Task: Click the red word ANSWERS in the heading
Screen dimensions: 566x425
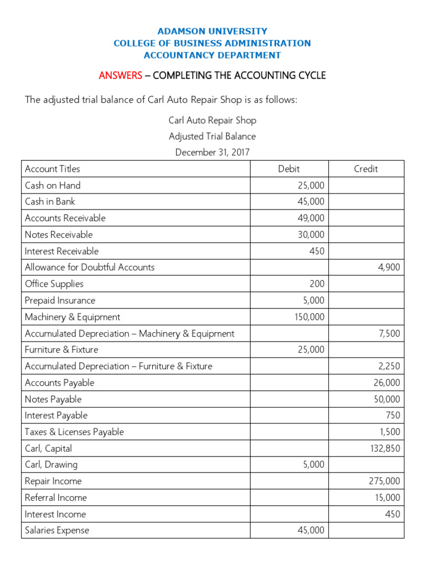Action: point(120,76)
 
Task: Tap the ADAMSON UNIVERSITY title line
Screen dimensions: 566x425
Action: point(212,32)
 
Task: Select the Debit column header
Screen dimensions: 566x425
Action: point(289,169)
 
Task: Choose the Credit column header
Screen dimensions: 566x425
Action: point(366,169)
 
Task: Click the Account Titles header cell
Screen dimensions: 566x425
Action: point(53,169)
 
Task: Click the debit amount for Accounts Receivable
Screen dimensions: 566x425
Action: point(310,218)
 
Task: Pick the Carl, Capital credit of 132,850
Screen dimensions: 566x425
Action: point(385,449)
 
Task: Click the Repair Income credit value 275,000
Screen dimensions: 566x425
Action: point(385,481)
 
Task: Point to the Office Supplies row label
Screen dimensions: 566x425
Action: point(54,284)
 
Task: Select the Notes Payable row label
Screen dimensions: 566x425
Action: point(53,400)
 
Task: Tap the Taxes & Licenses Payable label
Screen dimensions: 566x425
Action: point(74,432)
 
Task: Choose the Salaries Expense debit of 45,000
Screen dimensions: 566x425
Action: point(310,531)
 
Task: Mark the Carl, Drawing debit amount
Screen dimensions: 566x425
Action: point(313,465)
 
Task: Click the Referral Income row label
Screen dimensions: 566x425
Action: point(56,498)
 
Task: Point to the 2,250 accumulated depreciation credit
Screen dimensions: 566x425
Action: point(389,366)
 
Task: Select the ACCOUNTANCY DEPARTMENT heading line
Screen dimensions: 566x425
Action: point(212,55)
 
